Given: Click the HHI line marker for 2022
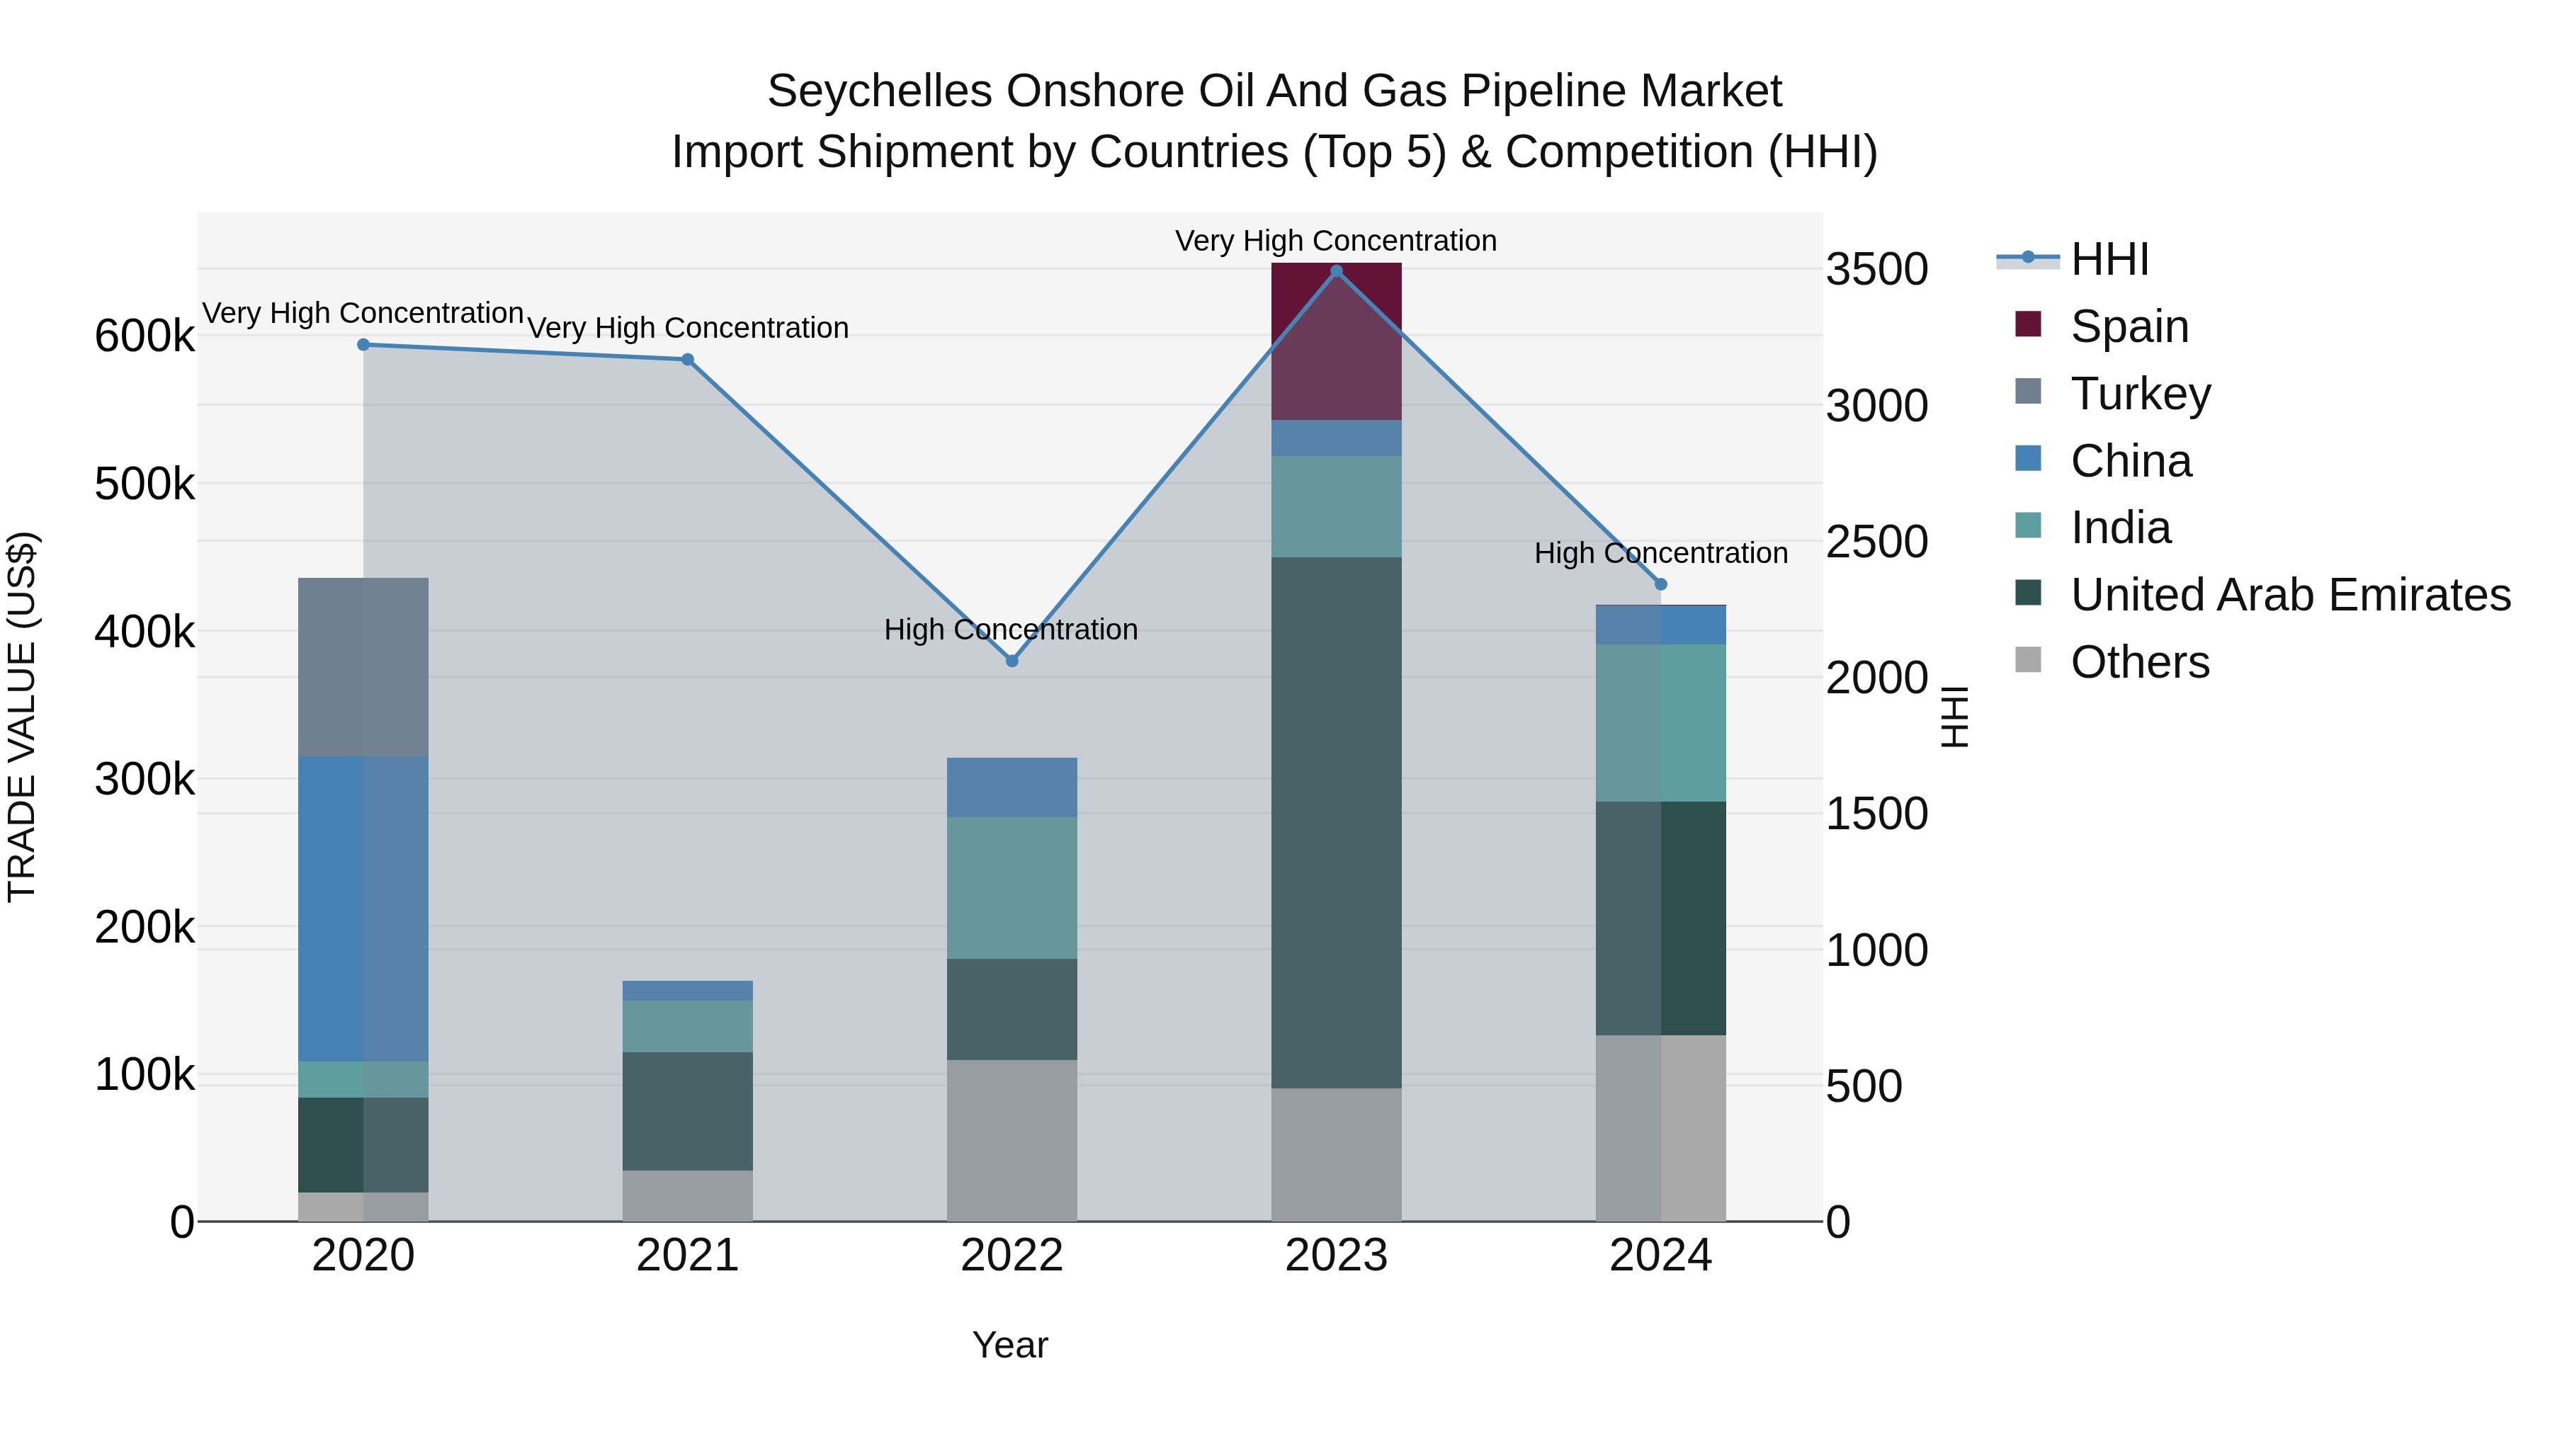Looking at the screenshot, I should coord(1011,660).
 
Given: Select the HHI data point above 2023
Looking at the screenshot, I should coord(1337,271).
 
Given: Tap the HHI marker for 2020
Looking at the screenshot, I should coord(363,344).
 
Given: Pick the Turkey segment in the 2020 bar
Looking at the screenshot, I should coord(363,667).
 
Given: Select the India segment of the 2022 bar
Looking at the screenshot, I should coord(1011,888).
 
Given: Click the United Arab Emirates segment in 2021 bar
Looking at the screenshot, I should coord(687,1110).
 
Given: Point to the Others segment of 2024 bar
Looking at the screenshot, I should coord(1660,1128).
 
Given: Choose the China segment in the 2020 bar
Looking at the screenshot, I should coord(363,909).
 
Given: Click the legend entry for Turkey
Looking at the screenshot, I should coord(2139,393).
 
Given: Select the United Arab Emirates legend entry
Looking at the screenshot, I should coord(2289,595).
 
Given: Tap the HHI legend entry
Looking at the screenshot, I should coord(2109,259).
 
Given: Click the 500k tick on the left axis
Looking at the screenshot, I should coord(144,484).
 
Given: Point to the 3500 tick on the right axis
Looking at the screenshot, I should coord(1876,269).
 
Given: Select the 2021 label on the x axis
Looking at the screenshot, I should coord(687,1255).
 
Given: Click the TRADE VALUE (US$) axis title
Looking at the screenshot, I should coord(22,717).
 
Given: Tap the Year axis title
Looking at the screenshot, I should coord(1009,1345).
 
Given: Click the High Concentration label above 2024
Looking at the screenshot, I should coord(1660,552).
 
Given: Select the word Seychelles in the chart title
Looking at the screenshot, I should coord(879,91).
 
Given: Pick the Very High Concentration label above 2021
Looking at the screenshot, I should coord(687,328).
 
